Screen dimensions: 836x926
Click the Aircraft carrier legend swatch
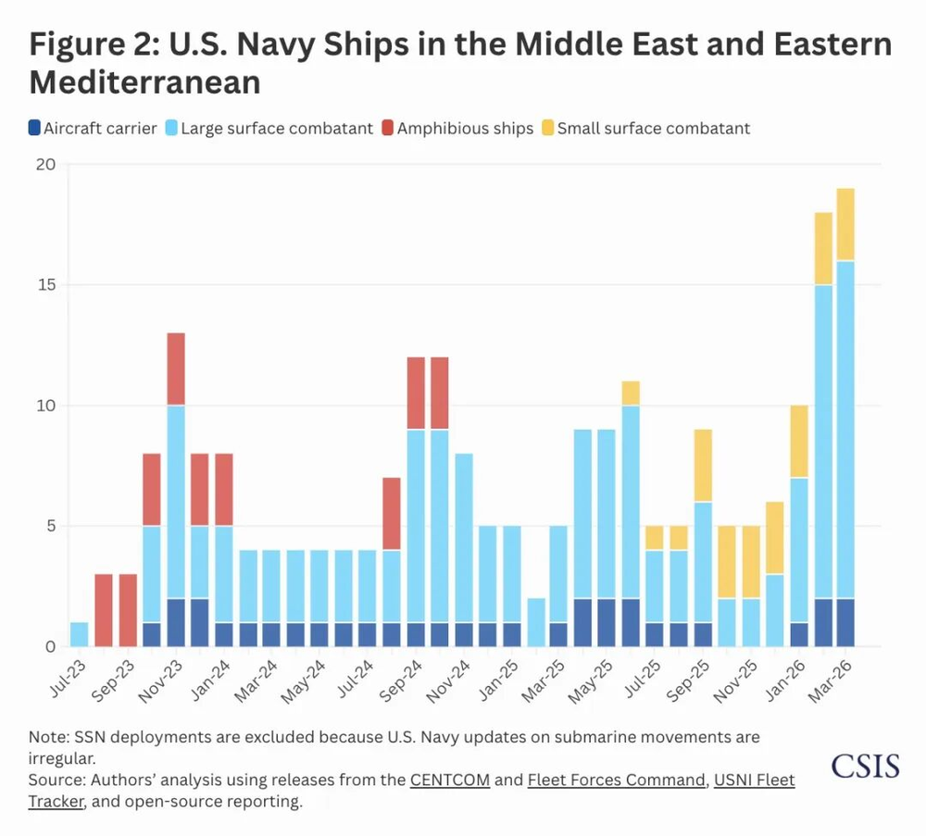(35, 129)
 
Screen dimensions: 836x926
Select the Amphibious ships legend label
(465, 129)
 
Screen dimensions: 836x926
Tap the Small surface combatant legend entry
(653, 129)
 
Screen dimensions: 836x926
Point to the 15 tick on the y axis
(46, 284)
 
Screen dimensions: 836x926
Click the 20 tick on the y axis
(46, 165)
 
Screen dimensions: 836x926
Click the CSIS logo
(865, 766)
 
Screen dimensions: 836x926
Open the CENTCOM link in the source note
(450, 780)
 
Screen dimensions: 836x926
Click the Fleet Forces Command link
(616, 780)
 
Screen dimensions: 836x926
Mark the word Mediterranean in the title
(144, 82)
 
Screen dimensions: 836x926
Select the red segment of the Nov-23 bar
(175, 368)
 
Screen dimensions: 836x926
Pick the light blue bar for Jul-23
(79, 634)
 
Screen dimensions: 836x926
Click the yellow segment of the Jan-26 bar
(798, 441)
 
